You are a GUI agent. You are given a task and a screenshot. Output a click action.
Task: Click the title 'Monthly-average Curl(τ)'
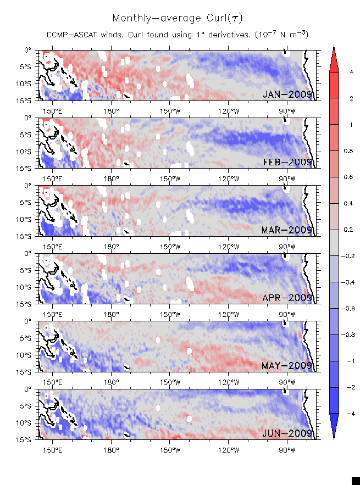[177, 18]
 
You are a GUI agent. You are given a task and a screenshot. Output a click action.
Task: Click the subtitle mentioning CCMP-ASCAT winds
[177, 35]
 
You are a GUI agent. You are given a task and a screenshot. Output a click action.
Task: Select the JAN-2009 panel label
[287, 94]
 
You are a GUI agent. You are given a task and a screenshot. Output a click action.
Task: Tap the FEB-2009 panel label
[287, 162]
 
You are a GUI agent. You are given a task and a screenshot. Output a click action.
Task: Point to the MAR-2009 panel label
[287, 230]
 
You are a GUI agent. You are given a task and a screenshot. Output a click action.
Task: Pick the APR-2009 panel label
[287, 298]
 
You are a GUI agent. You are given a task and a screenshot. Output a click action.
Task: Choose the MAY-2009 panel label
[287, 366]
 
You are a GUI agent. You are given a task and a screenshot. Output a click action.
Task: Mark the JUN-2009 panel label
[287, 433]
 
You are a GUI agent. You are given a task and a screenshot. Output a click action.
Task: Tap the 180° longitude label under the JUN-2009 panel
[111, 449]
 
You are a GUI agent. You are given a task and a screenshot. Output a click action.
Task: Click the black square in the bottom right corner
[356, 481]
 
